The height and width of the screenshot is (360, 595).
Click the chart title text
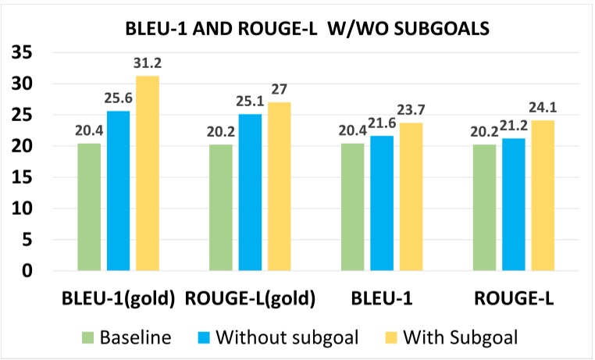(297, 30)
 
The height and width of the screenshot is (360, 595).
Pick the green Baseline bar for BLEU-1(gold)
(89, 207)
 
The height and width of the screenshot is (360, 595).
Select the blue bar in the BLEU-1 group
(382, 203)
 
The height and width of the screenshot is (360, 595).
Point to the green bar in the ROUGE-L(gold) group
(222, 208)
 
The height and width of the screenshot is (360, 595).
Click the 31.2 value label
(148, 63)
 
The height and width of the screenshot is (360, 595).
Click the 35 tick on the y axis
(27, 53)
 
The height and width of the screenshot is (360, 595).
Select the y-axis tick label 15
(27, 178)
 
